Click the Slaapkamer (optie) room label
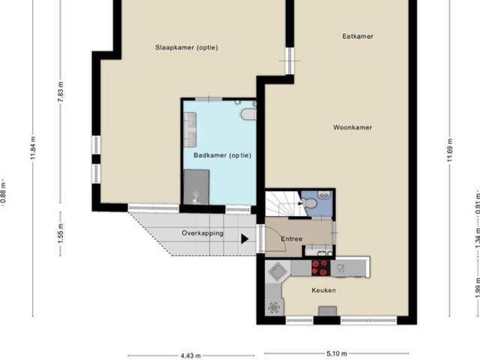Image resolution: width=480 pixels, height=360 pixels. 186,47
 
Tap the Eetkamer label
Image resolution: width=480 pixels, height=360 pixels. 357,36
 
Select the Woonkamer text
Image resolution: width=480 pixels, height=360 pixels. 352,127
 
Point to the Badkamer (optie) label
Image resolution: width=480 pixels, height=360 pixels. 222,155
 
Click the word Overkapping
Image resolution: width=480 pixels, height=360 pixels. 202,233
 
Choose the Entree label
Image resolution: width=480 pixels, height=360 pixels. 292,239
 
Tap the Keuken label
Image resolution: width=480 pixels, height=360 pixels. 325,290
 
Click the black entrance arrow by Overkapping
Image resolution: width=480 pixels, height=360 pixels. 244,239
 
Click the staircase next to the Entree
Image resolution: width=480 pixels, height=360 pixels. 281,203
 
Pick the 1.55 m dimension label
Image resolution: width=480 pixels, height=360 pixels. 61,233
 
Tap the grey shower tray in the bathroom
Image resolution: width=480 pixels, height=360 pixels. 196,185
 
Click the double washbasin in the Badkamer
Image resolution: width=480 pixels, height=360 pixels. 190,130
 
